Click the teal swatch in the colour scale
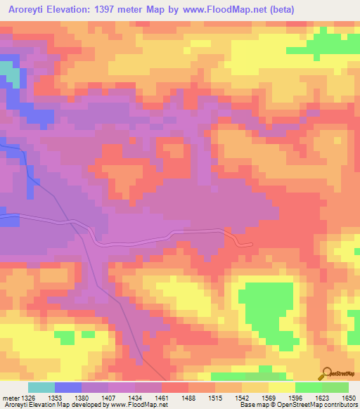coord(41,388)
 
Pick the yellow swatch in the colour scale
coord(281,388)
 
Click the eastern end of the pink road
coord(251,244)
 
